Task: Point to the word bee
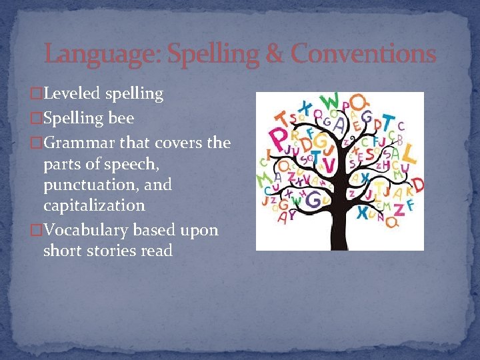coord(122,119)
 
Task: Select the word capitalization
coord(93,205)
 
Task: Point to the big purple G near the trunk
coord(322,142)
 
